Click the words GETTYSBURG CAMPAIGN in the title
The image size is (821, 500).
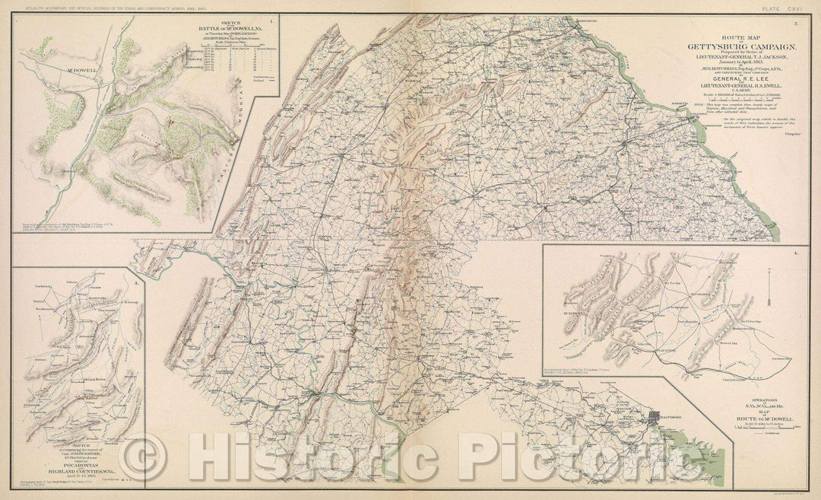731,45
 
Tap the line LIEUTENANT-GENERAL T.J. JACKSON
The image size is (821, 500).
731,57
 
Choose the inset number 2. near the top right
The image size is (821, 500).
794,25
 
